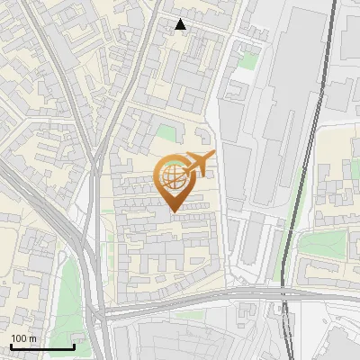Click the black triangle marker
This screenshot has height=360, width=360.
(x=181, y=24)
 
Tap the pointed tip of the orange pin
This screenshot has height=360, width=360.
(x=174, y=211)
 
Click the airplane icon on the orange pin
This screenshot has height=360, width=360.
(x=196, y=163)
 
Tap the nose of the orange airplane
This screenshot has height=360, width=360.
(x=212, y=157)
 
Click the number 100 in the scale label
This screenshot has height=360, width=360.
(x=19, y=338)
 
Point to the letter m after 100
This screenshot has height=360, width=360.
(x=32, y=338)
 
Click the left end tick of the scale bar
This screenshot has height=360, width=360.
(x=11, y=346)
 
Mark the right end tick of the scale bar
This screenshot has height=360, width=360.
(x=74, y=346)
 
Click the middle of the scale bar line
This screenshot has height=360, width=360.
(x=42, y=347)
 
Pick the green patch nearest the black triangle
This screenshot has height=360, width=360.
(x=246, y=61)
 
